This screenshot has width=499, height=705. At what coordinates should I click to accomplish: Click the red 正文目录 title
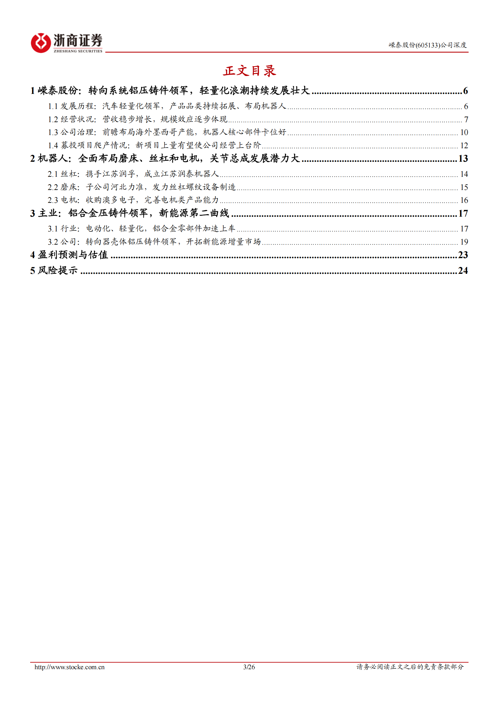(249, 71)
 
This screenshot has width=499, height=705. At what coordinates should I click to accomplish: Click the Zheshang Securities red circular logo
(41, 43)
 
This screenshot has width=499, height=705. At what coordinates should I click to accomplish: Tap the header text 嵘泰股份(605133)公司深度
(427, 45)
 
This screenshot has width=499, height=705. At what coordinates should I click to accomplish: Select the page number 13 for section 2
(463, 159)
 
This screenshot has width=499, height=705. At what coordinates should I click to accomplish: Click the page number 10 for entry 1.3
(464, 133)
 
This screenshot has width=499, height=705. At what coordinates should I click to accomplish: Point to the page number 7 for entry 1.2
(466, 120)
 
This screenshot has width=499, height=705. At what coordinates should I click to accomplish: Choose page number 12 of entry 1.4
(464, 146)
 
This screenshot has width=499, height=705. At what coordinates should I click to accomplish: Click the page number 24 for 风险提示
(463, 271)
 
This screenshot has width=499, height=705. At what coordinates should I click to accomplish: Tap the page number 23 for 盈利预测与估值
(463, 255)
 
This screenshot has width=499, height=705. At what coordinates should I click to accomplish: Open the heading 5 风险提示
(54, 271)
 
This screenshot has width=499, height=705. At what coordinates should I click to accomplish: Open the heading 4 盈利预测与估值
(69, 255)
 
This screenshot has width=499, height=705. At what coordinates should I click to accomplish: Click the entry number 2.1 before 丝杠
(53, 174)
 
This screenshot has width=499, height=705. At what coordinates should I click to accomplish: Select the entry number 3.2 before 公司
(53, 242)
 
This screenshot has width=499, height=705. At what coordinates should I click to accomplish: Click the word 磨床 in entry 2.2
(69, 187)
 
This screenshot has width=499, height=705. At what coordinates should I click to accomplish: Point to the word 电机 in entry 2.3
(69, 200)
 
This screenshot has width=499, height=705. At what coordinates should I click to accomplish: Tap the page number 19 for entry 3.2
(464, 242)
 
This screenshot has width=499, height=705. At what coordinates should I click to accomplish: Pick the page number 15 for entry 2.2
(464, 187)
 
